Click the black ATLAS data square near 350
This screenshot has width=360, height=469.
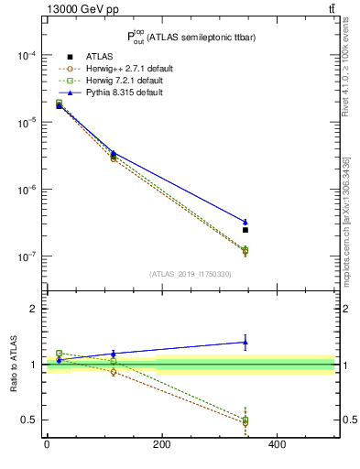pos(245,230)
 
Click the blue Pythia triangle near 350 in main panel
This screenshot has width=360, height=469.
pos(245,222)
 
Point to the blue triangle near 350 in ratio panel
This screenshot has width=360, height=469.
pos(245,342)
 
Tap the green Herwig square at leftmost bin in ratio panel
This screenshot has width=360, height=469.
pos(60,353)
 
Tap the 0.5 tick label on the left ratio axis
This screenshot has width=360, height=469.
pos(29,420)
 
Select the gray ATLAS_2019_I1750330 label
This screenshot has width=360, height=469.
pos(190,274)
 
